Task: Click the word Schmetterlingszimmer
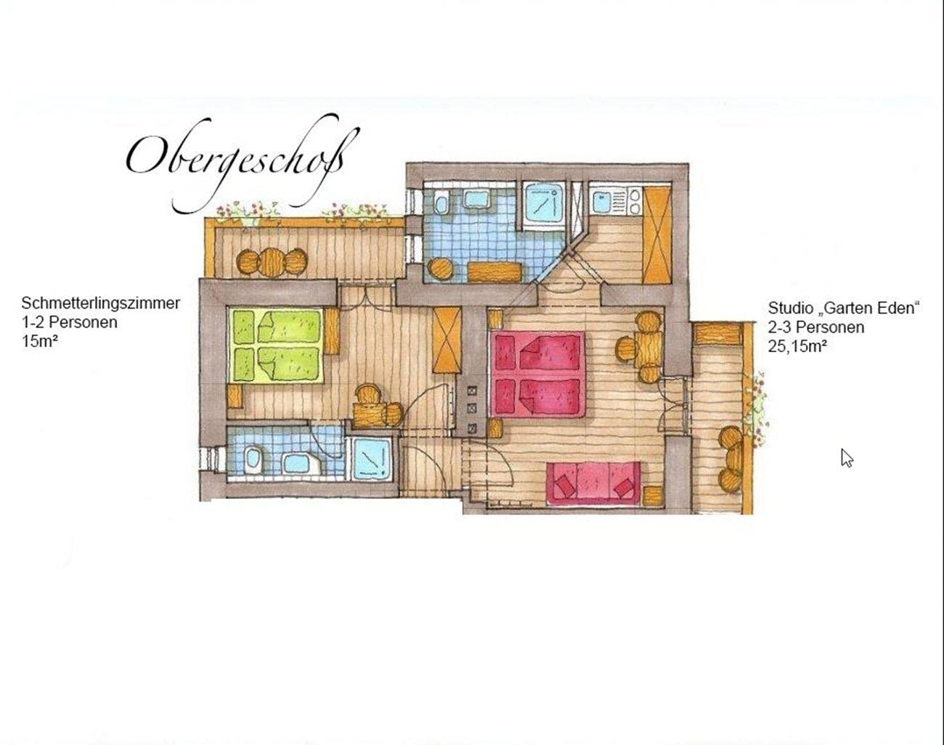point(100,304)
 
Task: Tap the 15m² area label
point(40,341)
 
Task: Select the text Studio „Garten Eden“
point(843,308)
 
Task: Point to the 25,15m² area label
point(797,346)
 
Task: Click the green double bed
point(275,346)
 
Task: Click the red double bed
point(538,374)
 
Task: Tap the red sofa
point(593,483)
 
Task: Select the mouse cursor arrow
point(847,458)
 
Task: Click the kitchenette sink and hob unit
point(616,201)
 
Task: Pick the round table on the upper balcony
point(272,262)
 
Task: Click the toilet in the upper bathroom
point(442,203)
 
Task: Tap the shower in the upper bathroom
point(544,205)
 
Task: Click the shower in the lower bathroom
point(372,458)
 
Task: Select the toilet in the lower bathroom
point(252,459)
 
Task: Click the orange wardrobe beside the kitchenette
point(656,235)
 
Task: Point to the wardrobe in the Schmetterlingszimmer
point(447,341)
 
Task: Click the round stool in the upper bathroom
point(440,269)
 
